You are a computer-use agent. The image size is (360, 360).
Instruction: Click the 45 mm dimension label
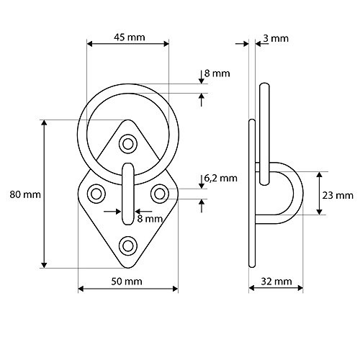tap(128, 37)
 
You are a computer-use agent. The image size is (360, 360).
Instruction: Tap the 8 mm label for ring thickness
tap(217, 73)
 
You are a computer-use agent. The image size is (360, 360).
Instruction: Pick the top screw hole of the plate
tap(128, 144)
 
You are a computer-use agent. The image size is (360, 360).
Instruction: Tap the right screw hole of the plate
tap(160, 192)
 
